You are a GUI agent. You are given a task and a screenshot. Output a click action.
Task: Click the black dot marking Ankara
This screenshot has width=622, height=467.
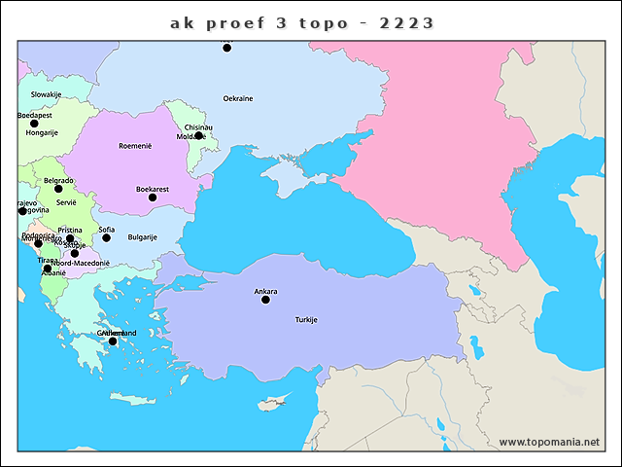(265, 300)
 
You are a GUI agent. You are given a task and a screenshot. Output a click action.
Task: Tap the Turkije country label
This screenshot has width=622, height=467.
(306, 320)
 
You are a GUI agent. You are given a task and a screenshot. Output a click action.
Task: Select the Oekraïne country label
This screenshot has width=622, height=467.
(238, 99)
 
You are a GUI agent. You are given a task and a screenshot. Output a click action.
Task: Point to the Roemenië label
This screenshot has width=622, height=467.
(135, 146)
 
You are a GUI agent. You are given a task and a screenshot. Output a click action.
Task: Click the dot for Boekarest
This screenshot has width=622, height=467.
(152, 198)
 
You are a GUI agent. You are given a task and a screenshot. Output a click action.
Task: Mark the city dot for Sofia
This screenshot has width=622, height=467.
(107, 238)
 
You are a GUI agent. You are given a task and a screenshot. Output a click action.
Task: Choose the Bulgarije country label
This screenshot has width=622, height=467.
(143, 237)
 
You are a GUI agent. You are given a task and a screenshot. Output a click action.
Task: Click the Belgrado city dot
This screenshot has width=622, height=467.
(58, 189)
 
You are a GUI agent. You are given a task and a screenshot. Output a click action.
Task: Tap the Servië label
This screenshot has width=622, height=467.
(66, 203)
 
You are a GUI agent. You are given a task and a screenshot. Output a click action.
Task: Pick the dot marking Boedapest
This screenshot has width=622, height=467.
(34, 124)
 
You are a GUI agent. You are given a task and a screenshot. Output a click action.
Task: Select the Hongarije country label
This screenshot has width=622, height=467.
(42, 133)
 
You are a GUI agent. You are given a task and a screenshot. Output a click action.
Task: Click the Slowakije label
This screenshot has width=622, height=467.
(46, 95)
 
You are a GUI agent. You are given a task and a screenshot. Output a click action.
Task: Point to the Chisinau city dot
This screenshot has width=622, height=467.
(198, 135)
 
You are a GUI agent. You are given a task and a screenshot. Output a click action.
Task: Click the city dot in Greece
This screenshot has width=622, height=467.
(113, 341)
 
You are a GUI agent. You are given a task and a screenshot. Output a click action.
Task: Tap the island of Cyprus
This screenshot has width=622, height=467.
(275, 402)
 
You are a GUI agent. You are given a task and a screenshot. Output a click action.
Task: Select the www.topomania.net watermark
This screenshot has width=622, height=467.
(549, 443)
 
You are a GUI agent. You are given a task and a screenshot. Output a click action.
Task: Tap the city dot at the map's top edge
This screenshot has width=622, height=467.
(227, 47)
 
